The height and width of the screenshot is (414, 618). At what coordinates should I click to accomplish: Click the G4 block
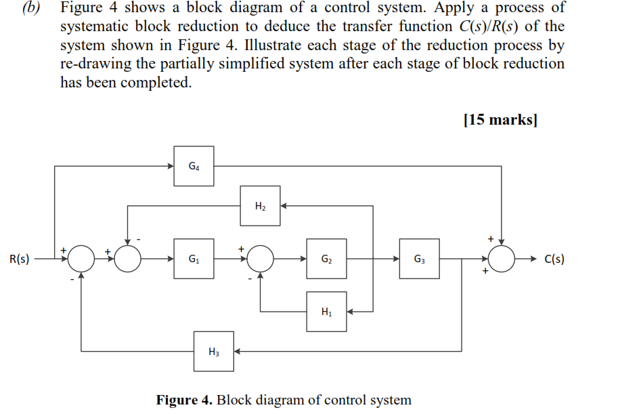click(x=194, y=166)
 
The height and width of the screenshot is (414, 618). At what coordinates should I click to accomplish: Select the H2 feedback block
click(x=260, y=206)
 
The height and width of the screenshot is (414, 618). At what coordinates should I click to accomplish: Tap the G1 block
click(x=194, y=258)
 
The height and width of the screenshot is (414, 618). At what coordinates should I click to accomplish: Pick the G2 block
click(x=326, y=258)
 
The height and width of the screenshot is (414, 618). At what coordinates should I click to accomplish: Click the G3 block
click(x=419, y=258)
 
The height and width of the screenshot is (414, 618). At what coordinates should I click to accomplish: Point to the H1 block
click(x=326, y=312)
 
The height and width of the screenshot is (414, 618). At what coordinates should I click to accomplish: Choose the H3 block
click(x=214, y=351)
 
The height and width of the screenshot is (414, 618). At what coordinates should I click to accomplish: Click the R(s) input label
click(x=19, y=259)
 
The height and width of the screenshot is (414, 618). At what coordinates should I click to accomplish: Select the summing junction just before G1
click(x=128, y=258)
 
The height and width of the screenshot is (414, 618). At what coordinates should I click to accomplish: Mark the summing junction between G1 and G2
click(x=260, y=258)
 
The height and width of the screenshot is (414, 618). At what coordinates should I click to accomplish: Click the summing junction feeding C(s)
click(x=502, y=258)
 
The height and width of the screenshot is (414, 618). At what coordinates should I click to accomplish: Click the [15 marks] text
click(x=500, y=121)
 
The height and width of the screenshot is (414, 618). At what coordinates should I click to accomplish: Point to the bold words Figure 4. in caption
click(x=185, y=400)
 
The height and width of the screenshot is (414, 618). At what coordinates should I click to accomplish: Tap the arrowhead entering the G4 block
click(x=171, y=166)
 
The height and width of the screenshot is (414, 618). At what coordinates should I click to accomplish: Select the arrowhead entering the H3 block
click(x=238, y=351)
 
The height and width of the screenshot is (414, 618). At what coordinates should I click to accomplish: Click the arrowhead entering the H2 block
click(x=284, y=206)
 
